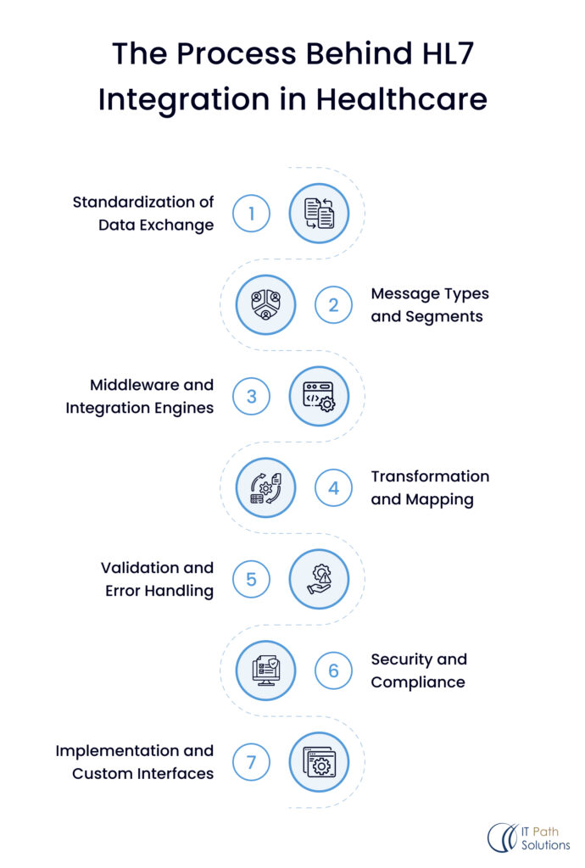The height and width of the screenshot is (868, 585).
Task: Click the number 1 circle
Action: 251,214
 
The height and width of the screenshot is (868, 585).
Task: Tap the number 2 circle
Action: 333,305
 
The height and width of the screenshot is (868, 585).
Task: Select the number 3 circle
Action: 251,397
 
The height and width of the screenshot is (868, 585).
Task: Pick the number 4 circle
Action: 333,488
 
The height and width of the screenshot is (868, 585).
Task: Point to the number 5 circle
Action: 251,580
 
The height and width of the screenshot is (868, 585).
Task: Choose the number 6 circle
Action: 333,671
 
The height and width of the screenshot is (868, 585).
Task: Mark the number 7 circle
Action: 251,763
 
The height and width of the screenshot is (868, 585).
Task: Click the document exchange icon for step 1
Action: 319,214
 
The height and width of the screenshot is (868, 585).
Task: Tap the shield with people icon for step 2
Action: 265,305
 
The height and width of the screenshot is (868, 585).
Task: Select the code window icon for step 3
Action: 319,397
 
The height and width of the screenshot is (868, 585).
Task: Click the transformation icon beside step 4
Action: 265,488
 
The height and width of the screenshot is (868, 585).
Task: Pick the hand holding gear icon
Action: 319,580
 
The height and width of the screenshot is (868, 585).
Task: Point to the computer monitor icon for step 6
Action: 265,671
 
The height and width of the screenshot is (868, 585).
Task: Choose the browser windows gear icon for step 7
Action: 319,763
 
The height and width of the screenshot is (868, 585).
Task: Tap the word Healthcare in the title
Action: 403,99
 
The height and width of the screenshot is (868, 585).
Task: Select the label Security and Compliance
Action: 419,670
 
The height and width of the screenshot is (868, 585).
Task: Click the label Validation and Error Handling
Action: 158,579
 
